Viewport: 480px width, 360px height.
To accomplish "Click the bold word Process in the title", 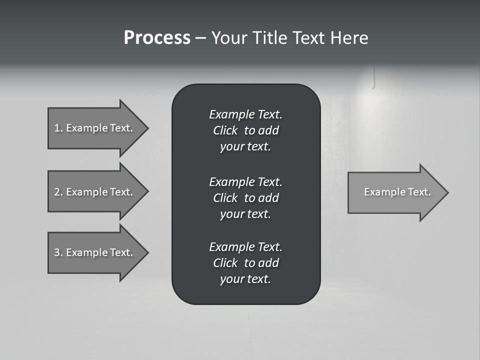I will (157, 38).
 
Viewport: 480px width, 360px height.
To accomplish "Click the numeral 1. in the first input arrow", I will (58, 128).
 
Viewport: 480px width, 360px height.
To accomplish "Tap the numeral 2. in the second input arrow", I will (58, 192).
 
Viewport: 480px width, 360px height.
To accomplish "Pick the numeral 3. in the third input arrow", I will (58, 252).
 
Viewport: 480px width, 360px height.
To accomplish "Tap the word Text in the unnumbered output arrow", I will (419, 192).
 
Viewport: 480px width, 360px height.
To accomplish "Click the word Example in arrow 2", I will (86, 192).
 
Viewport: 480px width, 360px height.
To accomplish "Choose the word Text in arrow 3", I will (121, 252).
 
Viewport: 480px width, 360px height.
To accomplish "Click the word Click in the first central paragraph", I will (225, 130).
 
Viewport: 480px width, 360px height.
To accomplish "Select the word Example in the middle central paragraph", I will (231, 181).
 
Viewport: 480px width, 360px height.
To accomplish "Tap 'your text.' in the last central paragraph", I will (245, 279).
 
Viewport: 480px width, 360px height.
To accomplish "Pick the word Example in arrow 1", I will (86, 128).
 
